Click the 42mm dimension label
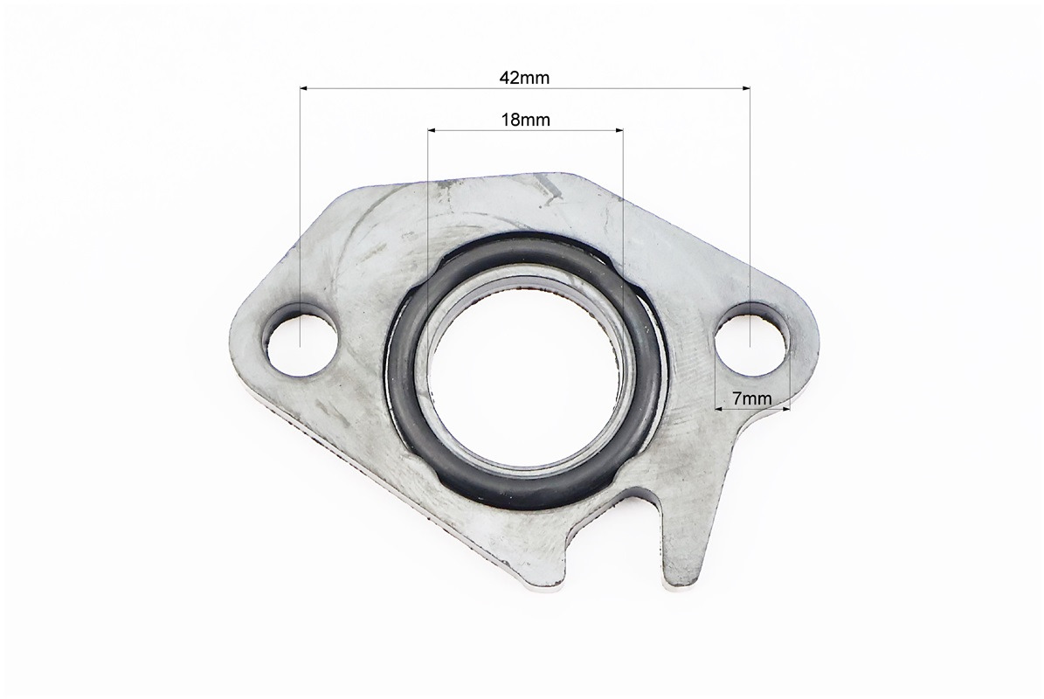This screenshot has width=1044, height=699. [525, 78]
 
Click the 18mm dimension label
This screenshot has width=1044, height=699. [525, 120]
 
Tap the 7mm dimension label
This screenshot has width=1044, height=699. [751, 398]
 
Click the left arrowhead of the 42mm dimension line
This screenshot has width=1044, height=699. [304, 87]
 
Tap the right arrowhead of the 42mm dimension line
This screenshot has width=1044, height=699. [745, 87]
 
